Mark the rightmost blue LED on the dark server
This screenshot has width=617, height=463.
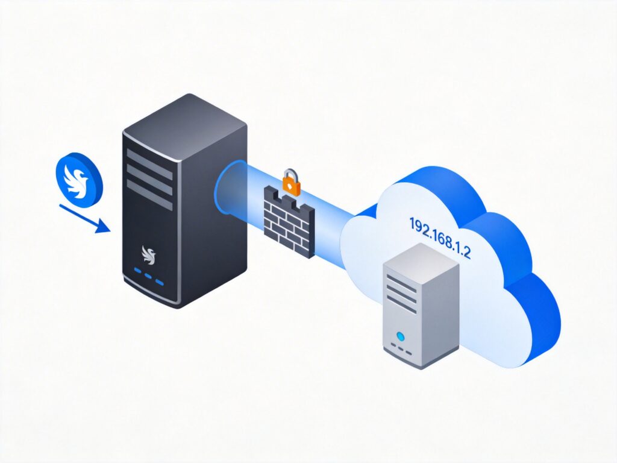[160, 282]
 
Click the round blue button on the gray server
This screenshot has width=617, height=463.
[399, 335]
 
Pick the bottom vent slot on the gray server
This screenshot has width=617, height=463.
[402, 305]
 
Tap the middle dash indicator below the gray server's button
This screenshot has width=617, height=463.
[401, 350]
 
